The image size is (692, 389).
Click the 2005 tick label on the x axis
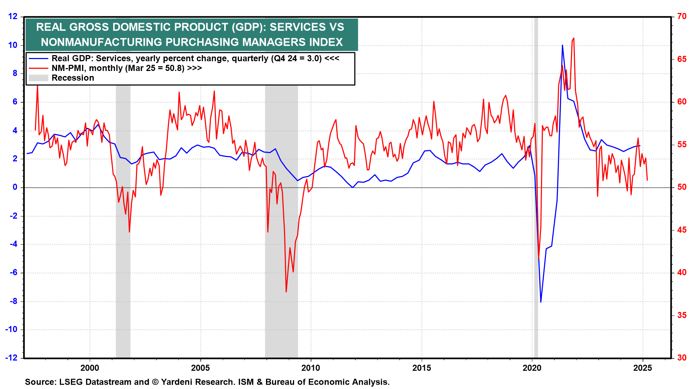pyautogui.click(x=200, y=368)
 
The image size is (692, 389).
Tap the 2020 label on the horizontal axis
pyautogui.click(x=532, y=368)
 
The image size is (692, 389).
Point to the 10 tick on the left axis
pyautogui.click(x=13, y=45)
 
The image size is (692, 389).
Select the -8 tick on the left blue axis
pyautogui.click(x=13, y=301)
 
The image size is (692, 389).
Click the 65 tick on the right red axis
pyautogui.click(x=682, y=59)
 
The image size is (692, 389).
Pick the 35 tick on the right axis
pyautogui.click(x=682, y=315)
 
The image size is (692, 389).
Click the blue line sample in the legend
pyautogui.click(x=38, y=58)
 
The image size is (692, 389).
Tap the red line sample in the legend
pyautogui.click(x=38, y=68)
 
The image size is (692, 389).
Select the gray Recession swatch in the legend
pyautogui.click(x=38, y=78)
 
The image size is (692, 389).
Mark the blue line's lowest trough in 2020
pyautogui.click(x=541, y=302)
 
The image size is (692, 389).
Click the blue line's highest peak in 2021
pyautogui.click(x=562, y=45)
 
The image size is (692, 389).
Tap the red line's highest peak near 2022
pyautogui.click(x=573, y=38)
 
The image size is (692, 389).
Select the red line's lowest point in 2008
pyautogui.click(x=286, y=292)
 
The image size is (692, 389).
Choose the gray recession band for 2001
pyautogui.click(x=123, y=216)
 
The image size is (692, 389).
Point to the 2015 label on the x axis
pyautogui.click(x=421, y=368)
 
